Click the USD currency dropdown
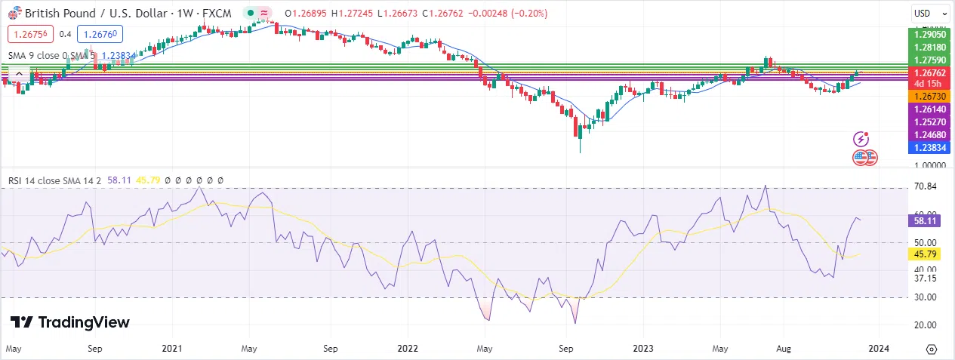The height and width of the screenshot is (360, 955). click(930, 13)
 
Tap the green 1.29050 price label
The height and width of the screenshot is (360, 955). click(928, 35)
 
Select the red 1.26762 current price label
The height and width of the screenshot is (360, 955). click(928, 72)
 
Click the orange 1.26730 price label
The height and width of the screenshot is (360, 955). click(928, 97)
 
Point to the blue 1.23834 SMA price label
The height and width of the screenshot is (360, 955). click(928, 147)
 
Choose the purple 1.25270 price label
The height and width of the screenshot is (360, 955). click(928, 122)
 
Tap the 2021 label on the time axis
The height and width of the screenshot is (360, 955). click(172, 349)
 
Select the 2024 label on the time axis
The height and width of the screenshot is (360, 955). click(878, 349)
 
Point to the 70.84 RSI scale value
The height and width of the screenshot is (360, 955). click(925, 186)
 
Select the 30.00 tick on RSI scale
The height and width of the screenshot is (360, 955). click(925, 297)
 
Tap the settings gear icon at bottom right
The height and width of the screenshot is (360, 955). click(932, 349)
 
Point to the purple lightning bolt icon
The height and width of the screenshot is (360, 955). click(861, 139)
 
